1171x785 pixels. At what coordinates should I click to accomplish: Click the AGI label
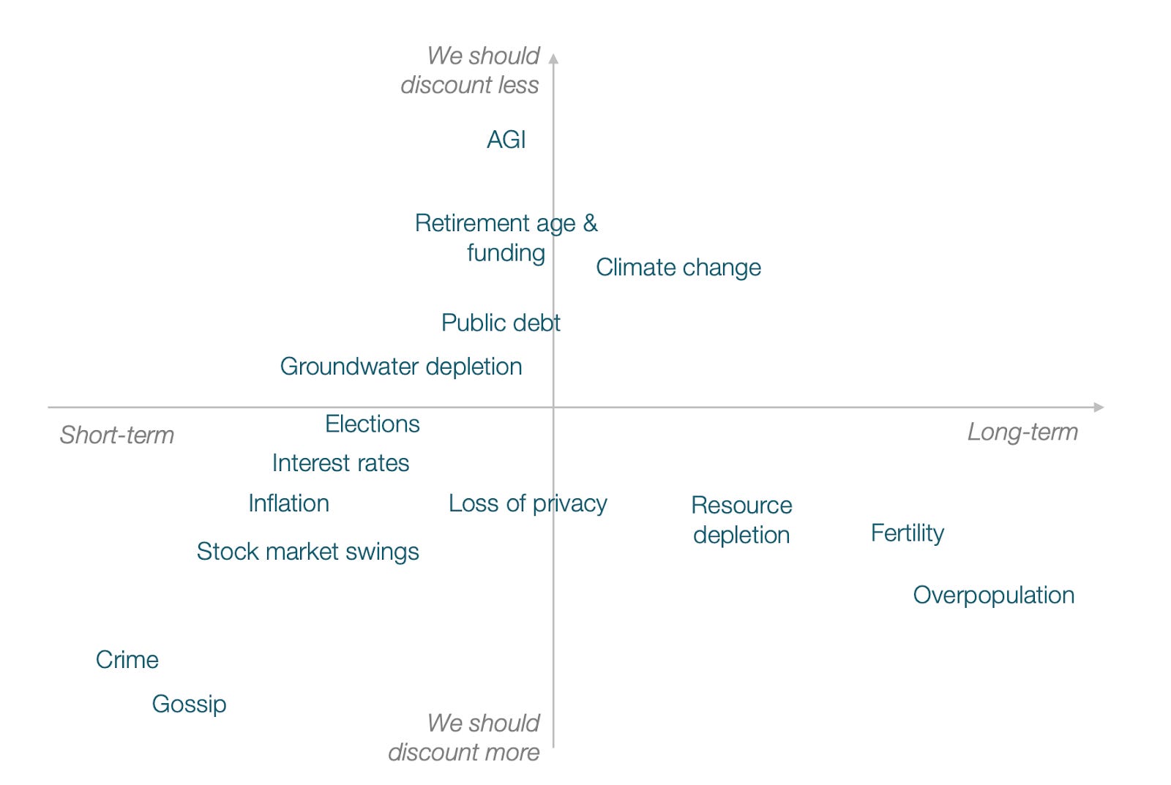click(506, 140)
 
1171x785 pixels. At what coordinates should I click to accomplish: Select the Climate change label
click(678, 268)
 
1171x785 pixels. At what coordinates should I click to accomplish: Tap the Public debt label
click(501, 323)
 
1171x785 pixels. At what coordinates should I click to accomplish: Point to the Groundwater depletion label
click(401, 367)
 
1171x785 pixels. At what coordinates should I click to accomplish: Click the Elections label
click(372, 424)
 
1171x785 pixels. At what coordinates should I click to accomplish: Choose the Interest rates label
click(340, 463)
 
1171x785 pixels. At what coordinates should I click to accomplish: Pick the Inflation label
click(288, 503)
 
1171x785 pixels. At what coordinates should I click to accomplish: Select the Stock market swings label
click(307, 552)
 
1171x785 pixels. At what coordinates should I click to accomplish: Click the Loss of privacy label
click(528, 503)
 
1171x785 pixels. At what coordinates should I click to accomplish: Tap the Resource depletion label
click(741, 520)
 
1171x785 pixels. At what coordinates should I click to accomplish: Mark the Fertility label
click(907, 533)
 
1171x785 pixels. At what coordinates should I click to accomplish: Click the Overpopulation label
click(993, 596)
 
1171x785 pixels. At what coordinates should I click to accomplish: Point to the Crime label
click(127, 660)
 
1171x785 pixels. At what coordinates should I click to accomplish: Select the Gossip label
click(189, 704)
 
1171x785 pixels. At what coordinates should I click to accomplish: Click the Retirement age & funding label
click(506, 238)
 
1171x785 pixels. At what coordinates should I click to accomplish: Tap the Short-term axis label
click(117, 435)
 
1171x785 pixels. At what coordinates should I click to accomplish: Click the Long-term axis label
click(1022, 432)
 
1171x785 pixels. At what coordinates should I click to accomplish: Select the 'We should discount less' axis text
click(471, 70)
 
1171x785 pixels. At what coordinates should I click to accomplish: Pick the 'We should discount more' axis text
click(465, 737)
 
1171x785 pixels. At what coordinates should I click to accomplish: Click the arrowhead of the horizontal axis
click(1099, 407)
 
